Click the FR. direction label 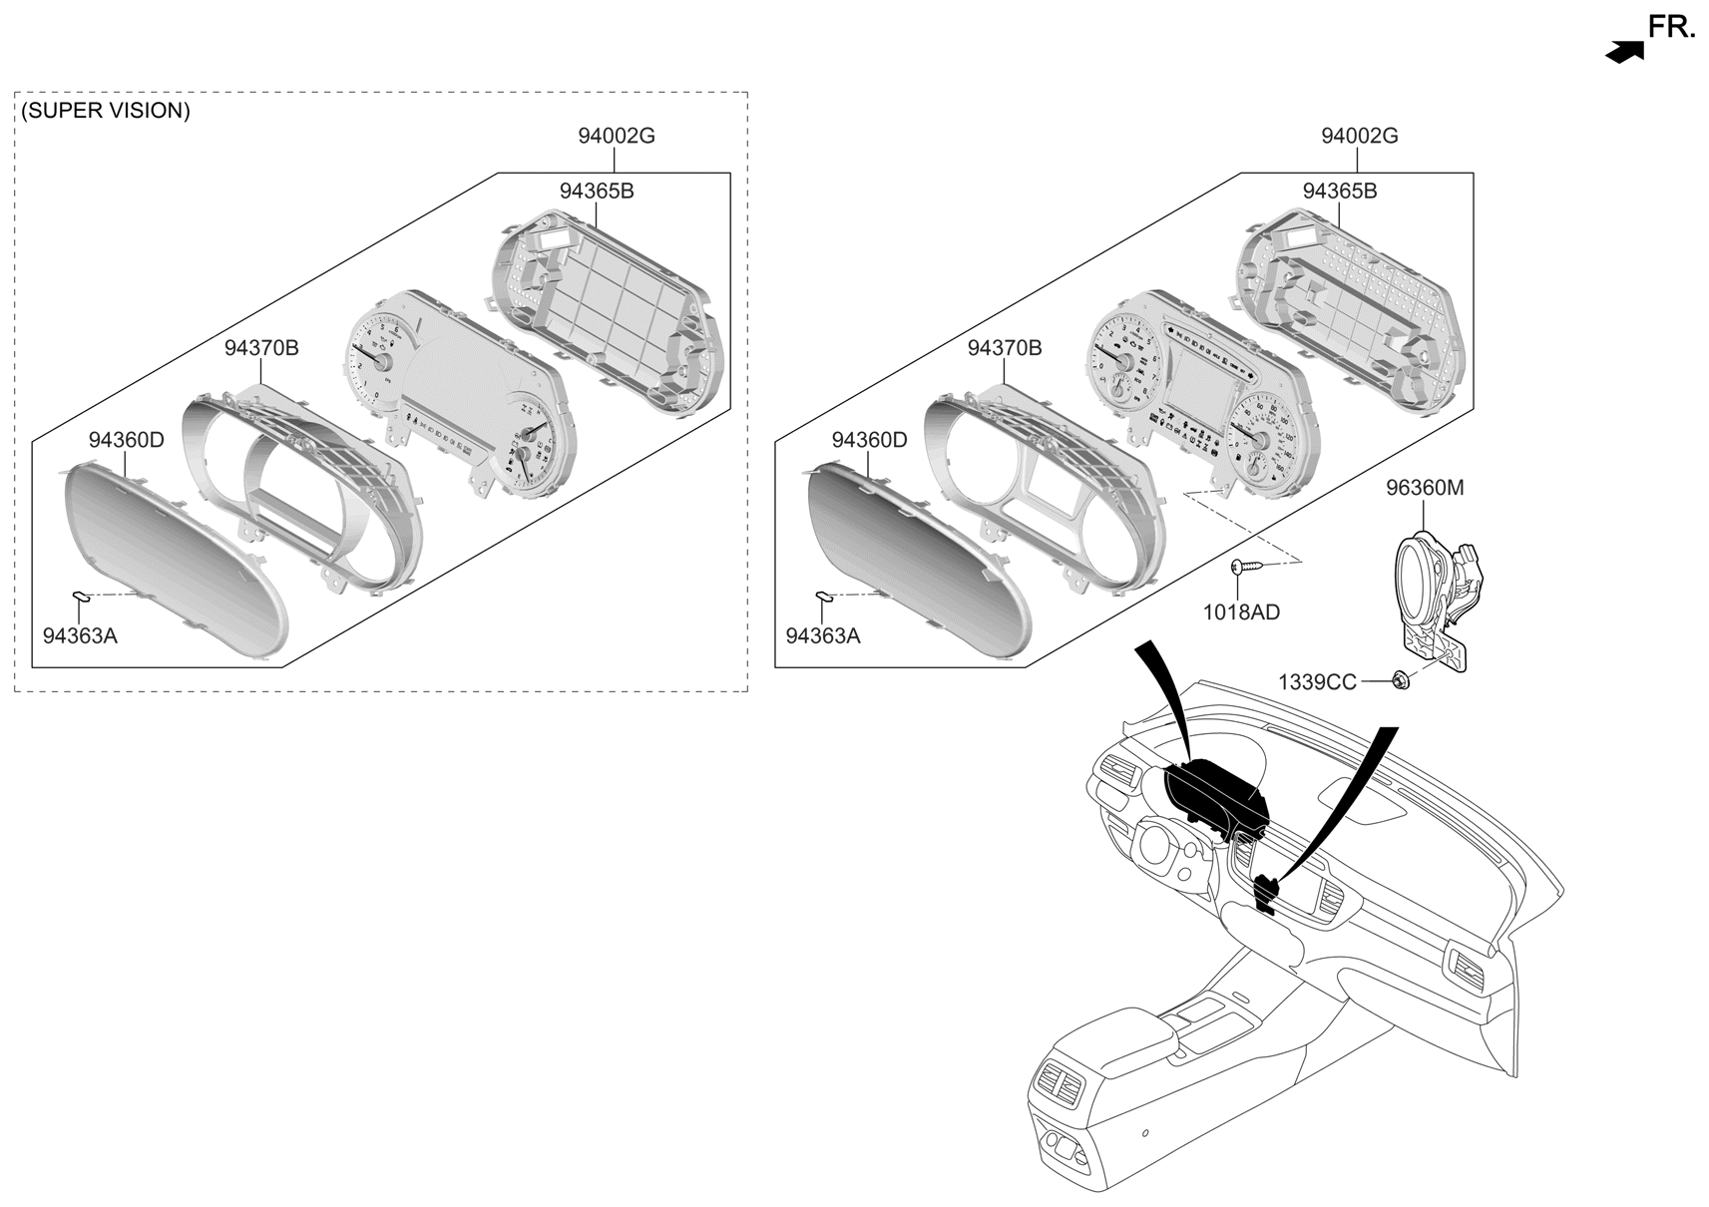click(1670, 27)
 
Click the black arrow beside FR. click(1624, 53)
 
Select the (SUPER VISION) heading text click(105, 111)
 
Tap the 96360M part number click(1424, 488)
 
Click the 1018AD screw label click(1240, 611)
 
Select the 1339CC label click(1317, 682)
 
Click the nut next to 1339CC click(1401, 681)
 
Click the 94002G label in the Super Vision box click(616, 136)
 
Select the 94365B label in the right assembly click(1339, 191)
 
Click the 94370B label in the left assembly click(260, 348)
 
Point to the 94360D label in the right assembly click(869, 440)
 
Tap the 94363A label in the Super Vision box click(80, 635)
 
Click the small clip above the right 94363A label click(825, 597)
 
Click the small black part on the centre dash click(1266, 891)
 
